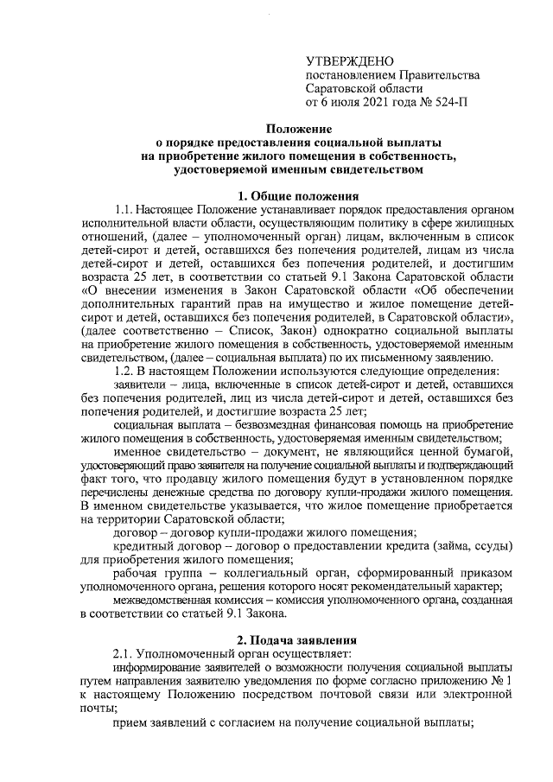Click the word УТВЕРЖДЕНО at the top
coord(350,60)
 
